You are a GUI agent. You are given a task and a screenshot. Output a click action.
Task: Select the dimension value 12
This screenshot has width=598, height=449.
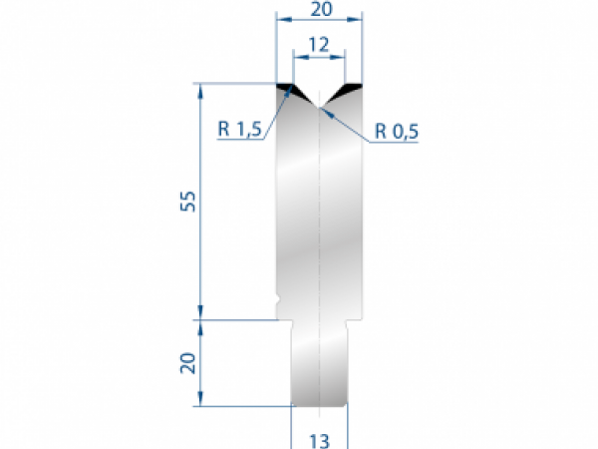point(319,44)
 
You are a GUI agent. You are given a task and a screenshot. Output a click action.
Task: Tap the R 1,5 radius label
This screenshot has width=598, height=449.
point(239,128)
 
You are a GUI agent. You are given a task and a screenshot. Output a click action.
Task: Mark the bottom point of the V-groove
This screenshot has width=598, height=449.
point(319,107)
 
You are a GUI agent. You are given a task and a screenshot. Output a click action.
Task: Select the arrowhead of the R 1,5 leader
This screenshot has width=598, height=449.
point(291,91)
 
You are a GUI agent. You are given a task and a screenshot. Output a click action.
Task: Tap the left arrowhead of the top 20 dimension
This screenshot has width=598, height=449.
point(280,19)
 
